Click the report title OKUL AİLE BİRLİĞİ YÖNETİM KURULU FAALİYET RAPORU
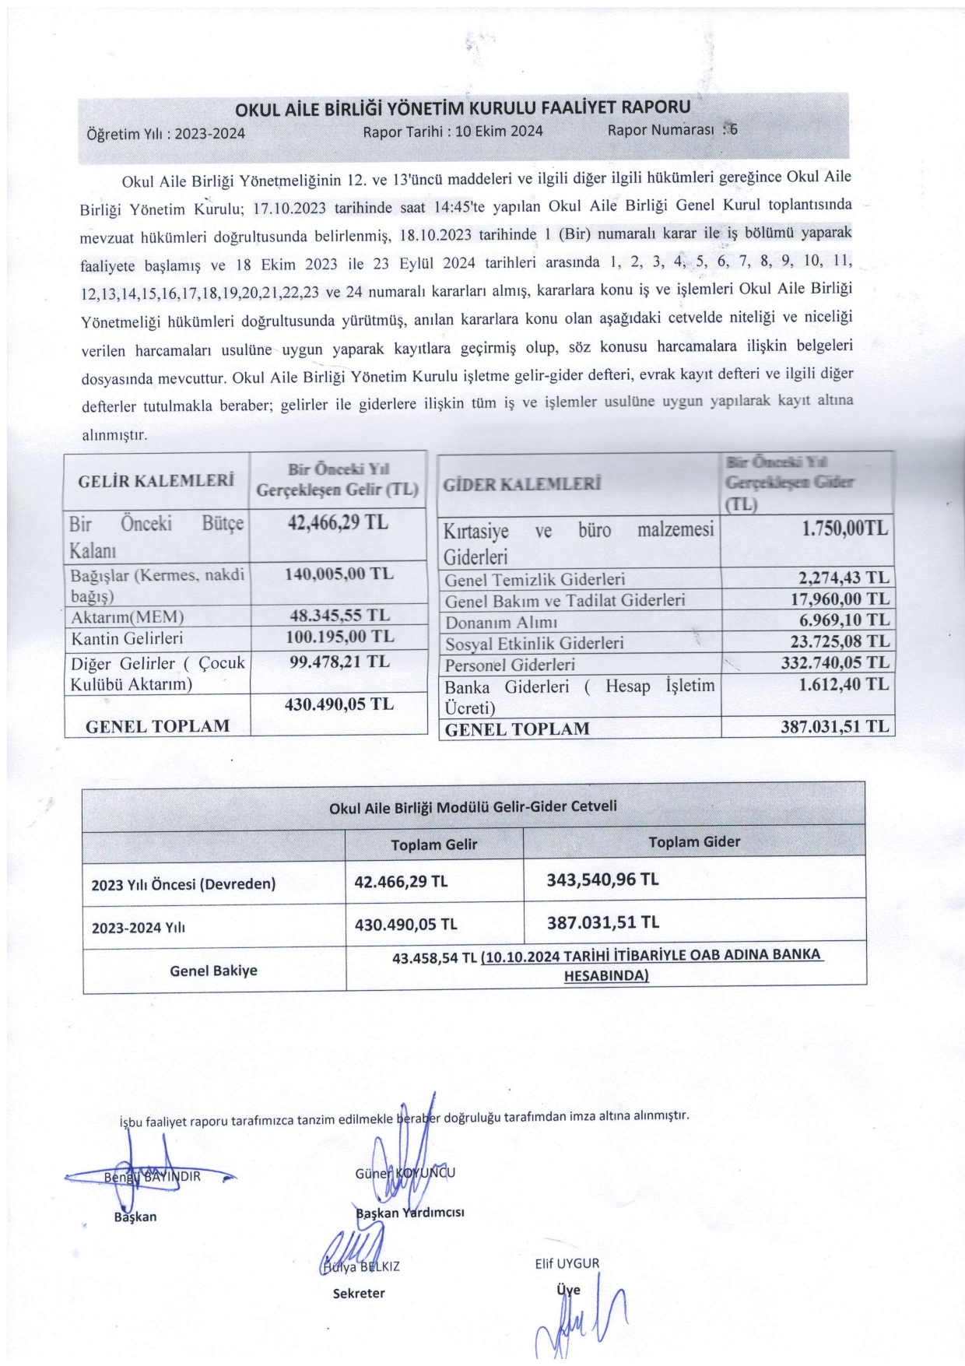pyautogui.click(x=462, y=108)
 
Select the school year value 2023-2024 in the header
pyautogui.click(x=209, y=133)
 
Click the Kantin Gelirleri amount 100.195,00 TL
pyautogui.click(x=340, y=636)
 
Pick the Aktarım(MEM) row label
pyautogui.click(x=128, y=616)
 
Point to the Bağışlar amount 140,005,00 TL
pyautogui.click(x=340, y=574)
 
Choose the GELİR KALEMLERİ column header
pyautogui.click(x=156, y=480)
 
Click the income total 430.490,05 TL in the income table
pyautogui.click(x=340, y=704)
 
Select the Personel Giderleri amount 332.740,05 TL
pyautogui.click(x=835, y=662)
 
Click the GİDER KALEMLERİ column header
pyautogui.click(x=522, y=485)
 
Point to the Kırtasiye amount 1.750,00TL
pyautogui.click(x=844, y=528)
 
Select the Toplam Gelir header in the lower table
pyautogui.click(x=433, y=845)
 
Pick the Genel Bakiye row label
pyautogui.click(x=213, y=971)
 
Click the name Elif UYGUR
pyautogui.click(x=567, y=1263)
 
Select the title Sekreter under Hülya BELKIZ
pyautogui.click(x=359, y=1293)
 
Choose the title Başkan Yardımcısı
pyautogui.click(x=409, y=1212)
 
